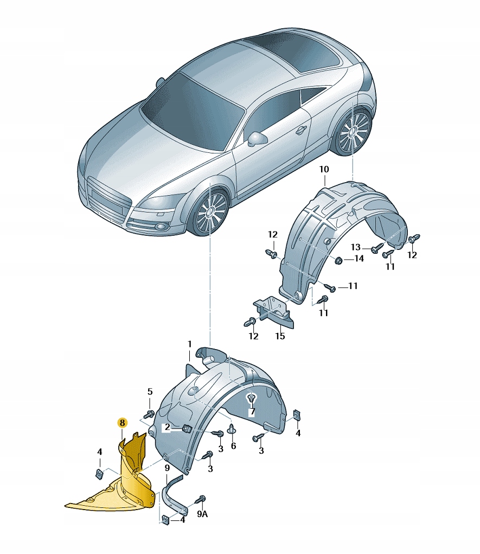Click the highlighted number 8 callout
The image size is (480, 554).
tap(122, 423)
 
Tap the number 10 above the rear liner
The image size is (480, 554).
tap(324, 170)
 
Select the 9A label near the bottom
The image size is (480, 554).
tap(202, 514)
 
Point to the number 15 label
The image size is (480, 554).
tap(279, 336)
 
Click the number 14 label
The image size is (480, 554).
tap(359, 259)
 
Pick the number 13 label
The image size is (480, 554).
tap(355, 247)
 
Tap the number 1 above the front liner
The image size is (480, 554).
tap(189, 344)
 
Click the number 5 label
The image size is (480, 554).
tap(150, 391)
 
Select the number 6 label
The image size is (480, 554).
tap(233, 446)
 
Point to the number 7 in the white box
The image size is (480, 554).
tap(252, 411)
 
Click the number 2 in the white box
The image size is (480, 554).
tap(167, 428)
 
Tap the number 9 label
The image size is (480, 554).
tap(167, 468)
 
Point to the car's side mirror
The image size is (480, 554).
tap(257, 139)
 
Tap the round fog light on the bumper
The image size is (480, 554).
tap(162, 227)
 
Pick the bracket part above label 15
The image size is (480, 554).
tap(274, 311)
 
